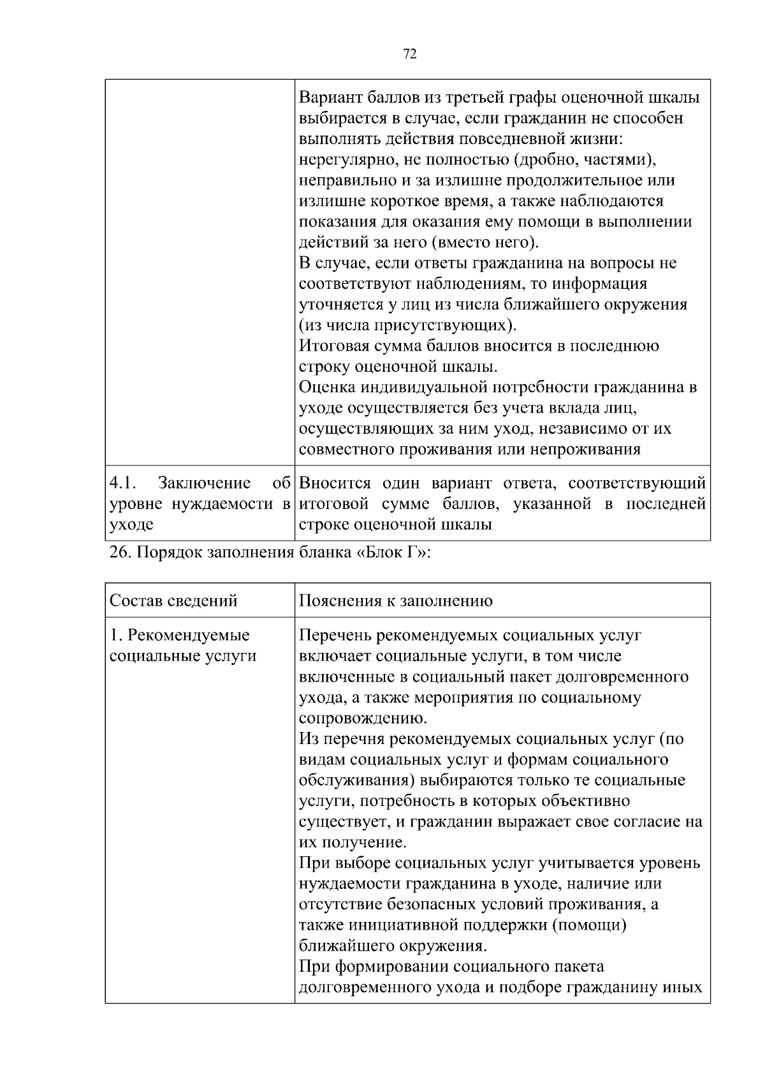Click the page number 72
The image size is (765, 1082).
(410, 54)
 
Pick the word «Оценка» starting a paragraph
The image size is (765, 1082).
(327, 388)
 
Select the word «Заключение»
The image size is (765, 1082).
(205, 483)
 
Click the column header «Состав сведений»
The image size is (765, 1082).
(173, 601)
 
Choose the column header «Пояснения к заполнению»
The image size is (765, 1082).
(395, 601)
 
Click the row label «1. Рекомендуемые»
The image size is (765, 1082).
(180, 636)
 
